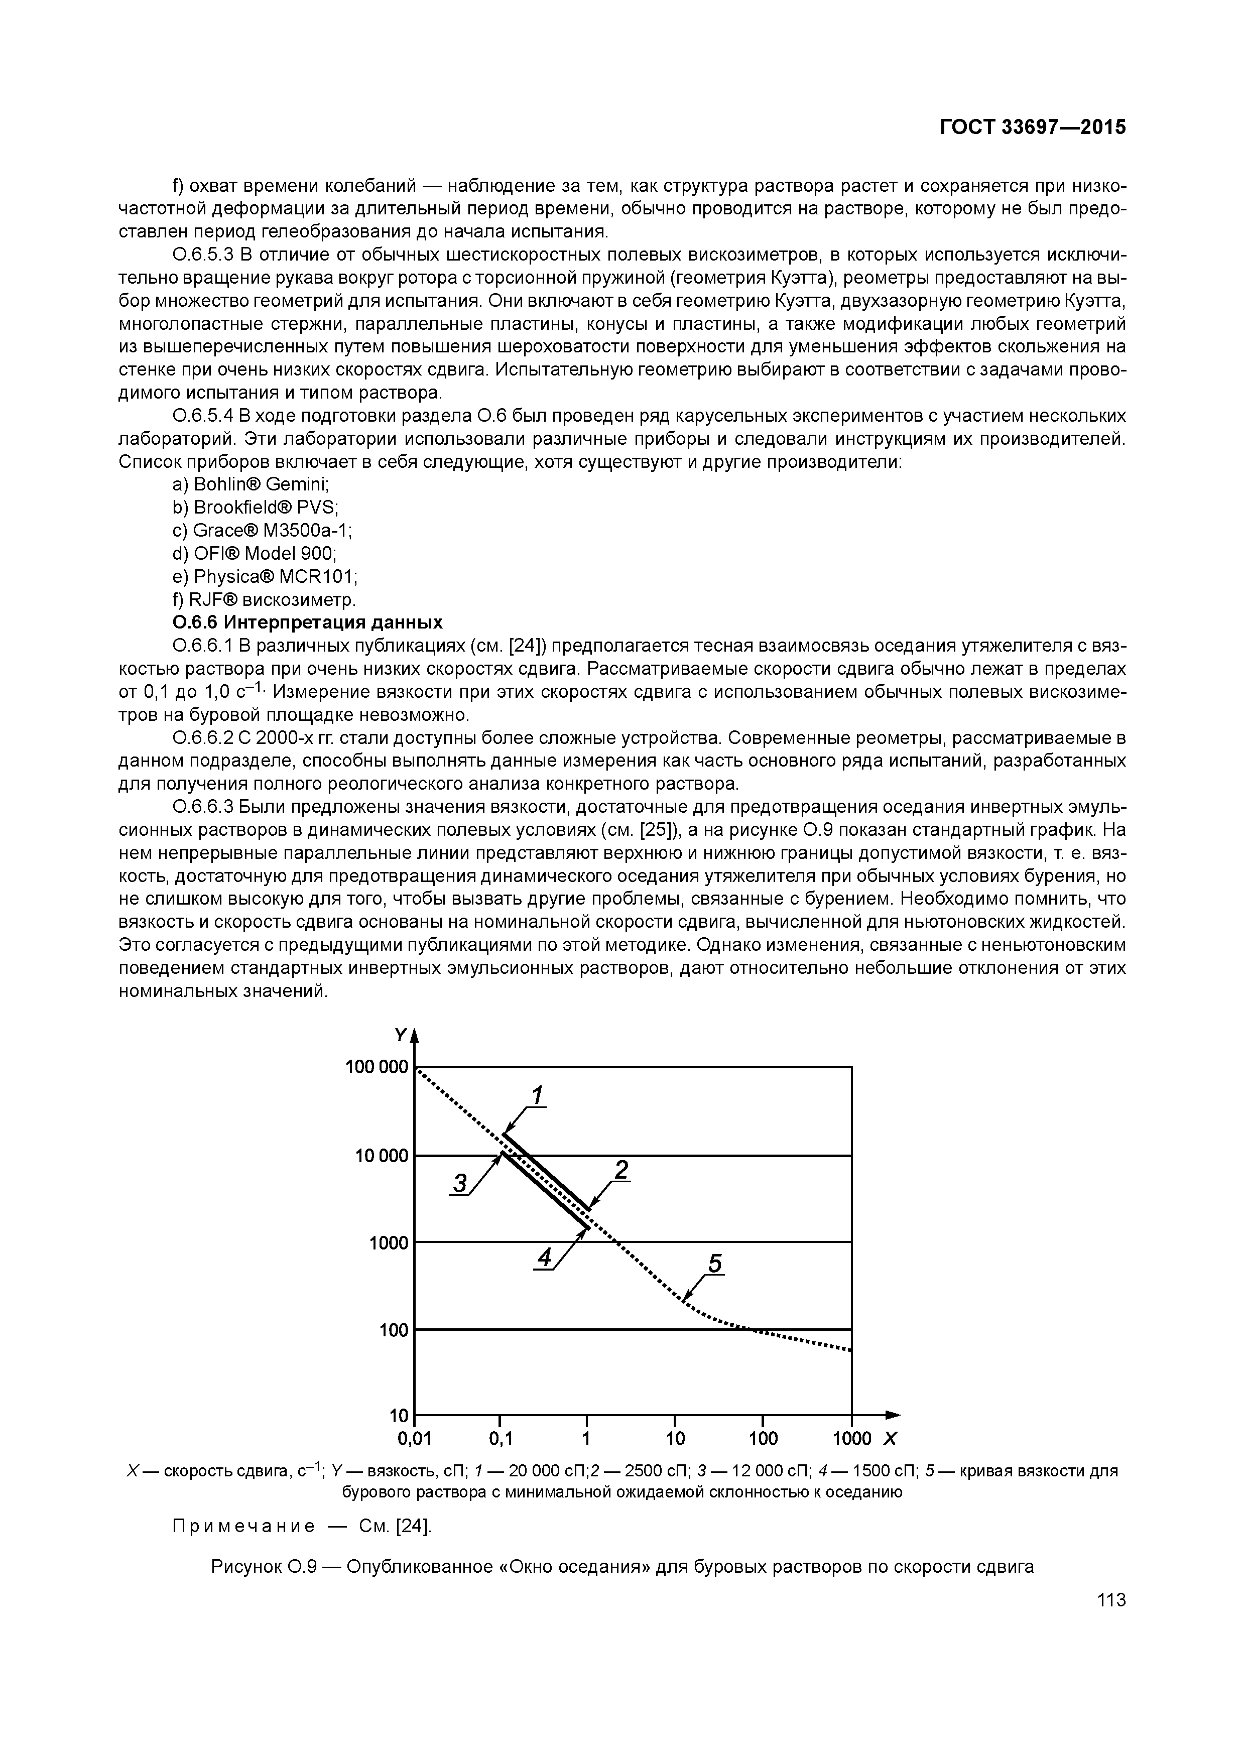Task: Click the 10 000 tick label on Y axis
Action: tap(381, 1156)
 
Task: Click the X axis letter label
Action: tap(890, 1438)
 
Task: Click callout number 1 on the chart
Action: tap(538, 1096)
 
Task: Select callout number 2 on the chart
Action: tap(621, 1170)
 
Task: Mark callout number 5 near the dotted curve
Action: tap(715, 1263)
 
